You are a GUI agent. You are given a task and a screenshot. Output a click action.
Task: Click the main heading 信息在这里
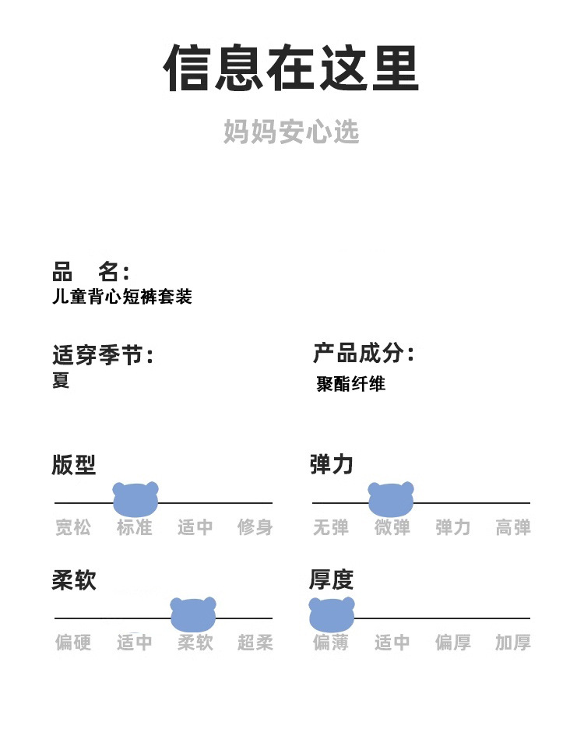click(x=291, y=69)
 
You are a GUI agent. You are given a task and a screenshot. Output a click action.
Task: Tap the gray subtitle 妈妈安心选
click(x=291, y=132)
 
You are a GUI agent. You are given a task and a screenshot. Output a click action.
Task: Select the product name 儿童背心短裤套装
click(x=121, y=297)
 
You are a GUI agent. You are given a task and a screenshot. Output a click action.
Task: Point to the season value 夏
click(x=61, y=380)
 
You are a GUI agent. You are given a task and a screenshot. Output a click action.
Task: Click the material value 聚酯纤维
click(x=350, y=383)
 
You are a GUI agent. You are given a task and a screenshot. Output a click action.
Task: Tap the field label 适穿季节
click(x=102, y=356)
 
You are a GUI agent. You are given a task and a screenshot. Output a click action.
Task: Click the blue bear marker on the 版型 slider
click(x=135, y=499)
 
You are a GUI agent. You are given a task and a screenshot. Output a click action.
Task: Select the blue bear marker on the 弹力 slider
click(x=391, y=499)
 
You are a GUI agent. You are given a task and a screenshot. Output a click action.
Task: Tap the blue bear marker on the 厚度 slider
click(x=332, y=615)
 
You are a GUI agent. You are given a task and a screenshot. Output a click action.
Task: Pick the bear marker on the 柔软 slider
click(x=193, y=615)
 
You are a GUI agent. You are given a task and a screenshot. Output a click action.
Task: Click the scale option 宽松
click(x=73, y=528)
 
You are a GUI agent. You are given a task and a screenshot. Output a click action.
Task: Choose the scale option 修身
click(x=255, y=528)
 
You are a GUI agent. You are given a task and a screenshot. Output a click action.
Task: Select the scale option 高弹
click(x=513, y=528)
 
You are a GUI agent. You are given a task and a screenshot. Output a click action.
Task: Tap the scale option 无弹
click(x=331, y=528)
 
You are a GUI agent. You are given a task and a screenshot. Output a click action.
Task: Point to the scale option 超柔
click(x=255, y=643)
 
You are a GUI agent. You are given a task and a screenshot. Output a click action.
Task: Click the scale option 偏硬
click(x=73, y=643)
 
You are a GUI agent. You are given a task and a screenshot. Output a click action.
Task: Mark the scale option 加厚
click(x=513, y=643)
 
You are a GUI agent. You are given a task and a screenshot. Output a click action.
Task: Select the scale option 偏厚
click(x=452, y=643)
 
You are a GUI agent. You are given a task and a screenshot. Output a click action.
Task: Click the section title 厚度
click(x=331, y=580)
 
